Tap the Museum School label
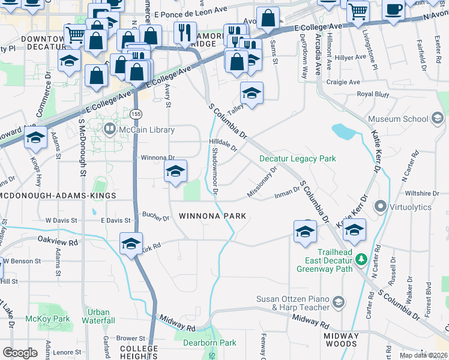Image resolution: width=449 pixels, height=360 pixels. (x=398, y=119)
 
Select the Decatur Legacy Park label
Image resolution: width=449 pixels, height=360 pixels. (x=297, y=159)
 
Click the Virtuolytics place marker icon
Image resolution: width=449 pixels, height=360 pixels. (x=379, y=206)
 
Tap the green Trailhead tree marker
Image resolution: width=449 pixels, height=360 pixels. (x=361, y=259)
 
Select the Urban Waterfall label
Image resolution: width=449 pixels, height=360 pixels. (x=98, y=316)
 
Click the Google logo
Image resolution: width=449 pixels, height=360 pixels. (x=20, y=352)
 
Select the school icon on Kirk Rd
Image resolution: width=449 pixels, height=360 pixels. (x=131, y=243)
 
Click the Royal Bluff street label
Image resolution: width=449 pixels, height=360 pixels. (x=373, y=95)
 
